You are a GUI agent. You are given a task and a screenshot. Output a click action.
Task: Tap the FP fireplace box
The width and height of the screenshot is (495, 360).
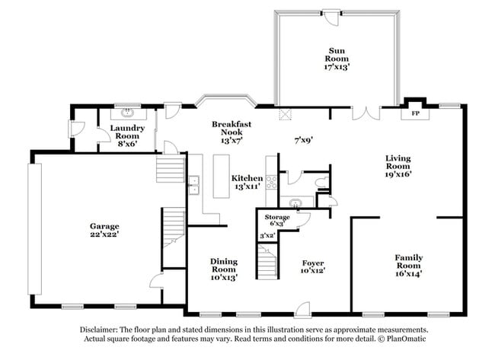point(416,113)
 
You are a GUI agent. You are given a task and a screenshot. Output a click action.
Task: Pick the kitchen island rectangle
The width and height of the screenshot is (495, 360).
point(222,177)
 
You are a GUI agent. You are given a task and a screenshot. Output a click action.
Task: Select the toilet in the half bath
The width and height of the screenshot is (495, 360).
point(323,181)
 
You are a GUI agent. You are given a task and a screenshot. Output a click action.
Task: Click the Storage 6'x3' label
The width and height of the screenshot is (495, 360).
point(277,221)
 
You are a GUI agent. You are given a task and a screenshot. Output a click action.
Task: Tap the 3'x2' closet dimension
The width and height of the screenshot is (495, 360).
point(267,236)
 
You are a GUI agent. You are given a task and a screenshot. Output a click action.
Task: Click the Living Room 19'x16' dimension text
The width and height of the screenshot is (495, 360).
point(398,174)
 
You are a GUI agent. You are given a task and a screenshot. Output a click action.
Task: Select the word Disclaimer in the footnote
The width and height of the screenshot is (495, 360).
point(101,330)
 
